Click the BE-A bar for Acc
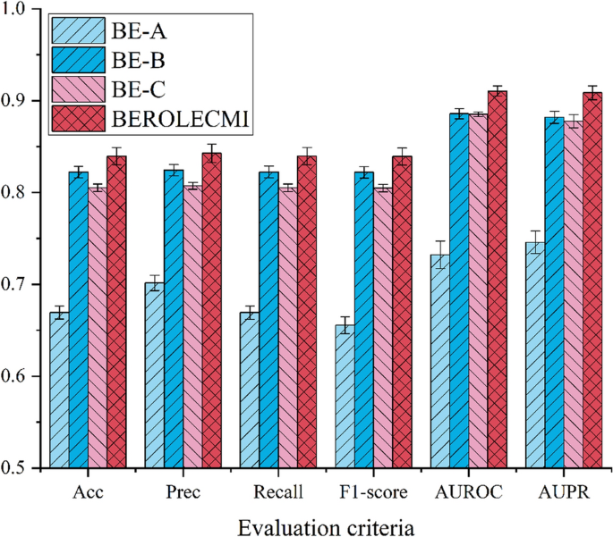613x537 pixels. click(60, 390)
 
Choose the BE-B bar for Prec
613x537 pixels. click(173, 318)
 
